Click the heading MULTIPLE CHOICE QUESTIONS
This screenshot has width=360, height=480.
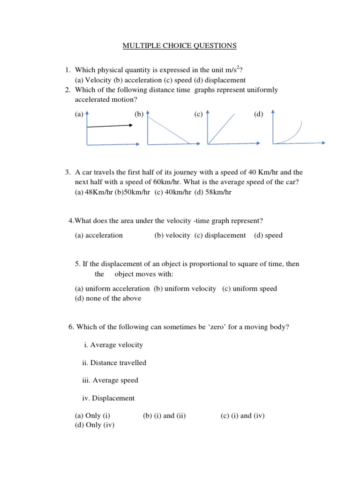[x=180, y=45]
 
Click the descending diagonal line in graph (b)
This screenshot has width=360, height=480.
[x=169, y=130]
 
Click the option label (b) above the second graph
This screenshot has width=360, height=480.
[x=139, y=114]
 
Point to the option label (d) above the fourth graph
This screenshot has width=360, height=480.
[x=259, y=114]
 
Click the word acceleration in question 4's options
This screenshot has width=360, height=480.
[x=105, y=235]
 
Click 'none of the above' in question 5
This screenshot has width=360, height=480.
[x=113, y=298]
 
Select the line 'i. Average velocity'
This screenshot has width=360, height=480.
[x=112, y=345]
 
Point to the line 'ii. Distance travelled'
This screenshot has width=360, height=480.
[x=114, y=362]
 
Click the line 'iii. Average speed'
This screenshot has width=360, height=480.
[x=110, y=380]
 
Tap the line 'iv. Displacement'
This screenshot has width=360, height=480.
[x=108, y=398]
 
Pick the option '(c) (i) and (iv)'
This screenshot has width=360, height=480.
[x=242, y=416]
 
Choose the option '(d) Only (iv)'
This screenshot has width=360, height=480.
[x=95, y=425]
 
